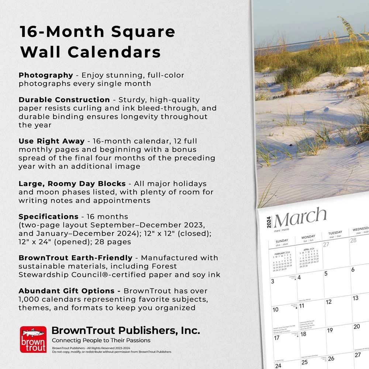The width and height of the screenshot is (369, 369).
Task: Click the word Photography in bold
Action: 46,75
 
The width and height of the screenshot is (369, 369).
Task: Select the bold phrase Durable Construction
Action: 64,100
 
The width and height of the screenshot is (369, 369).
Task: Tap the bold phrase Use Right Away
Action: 52,141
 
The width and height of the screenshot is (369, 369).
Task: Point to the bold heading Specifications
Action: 48,217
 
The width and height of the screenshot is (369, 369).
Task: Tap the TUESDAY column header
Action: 335,234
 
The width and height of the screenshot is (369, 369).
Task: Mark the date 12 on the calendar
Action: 329,302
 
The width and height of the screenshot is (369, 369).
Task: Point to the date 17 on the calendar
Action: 276,338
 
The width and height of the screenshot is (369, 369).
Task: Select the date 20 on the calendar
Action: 356,327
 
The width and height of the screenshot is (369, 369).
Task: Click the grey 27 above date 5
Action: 326,244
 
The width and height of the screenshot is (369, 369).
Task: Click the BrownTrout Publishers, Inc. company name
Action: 125,330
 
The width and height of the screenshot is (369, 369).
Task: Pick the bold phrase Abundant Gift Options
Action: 69,291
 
